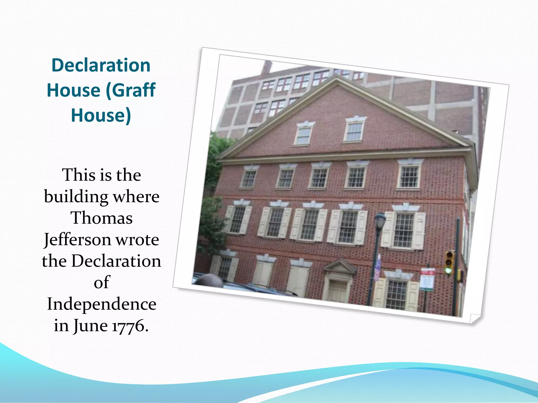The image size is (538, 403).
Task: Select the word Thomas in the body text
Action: (x=101, y=218)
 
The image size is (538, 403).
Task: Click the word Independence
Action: (x=101, y=304)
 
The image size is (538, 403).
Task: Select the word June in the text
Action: (x=90, y=326)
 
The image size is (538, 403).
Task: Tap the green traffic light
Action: (x=448, y=270)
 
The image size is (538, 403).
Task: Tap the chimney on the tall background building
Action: (x=266, y=67)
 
